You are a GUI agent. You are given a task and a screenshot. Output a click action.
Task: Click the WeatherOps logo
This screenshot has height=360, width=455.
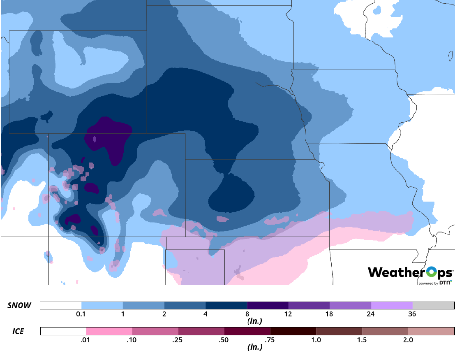[x=410, y=272]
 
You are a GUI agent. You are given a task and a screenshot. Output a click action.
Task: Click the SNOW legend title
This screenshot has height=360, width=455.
[x=19, y=305]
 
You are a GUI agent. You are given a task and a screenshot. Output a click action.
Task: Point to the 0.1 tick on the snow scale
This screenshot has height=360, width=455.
[x=81, y=314]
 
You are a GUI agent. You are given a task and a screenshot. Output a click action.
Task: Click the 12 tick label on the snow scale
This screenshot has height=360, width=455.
[x=288, y=314]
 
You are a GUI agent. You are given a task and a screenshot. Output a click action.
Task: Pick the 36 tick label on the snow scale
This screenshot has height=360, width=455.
[x=412, y=314]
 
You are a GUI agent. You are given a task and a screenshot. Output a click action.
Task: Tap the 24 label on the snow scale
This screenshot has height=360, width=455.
[x=371, y=314]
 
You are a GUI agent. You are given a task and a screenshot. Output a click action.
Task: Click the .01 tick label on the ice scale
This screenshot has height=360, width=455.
[x=86, y=340]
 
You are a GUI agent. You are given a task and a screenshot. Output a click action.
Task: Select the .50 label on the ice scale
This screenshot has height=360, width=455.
[x=224, y=340]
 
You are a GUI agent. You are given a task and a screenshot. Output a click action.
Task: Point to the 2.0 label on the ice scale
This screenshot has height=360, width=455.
[x=408, y=340]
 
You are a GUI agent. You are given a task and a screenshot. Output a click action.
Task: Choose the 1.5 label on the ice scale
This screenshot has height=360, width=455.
[x=362, y=340]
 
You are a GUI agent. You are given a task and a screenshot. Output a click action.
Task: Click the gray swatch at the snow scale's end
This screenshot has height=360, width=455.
[x=433, y=305]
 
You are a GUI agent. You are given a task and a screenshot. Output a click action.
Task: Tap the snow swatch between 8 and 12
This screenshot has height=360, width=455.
[x=268, y=305]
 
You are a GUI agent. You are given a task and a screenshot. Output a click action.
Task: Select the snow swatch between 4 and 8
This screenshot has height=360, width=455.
[x=226, y=305]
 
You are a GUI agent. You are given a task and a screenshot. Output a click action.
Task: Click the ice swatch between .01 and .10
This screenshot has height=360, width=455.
[x=109, y=331]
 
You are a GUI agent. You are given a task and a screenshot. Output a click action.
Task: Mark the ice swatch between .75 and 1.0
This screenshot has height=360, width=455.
[x=293, y=331]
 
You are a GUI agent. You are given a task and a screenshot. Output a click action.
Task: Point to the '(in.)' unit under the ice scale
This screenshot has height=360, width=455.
[x=255, y=347]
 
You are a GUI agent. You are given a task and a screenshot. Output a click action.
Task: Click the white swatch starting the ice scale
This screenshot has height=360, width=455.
[x=63, y=331]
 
